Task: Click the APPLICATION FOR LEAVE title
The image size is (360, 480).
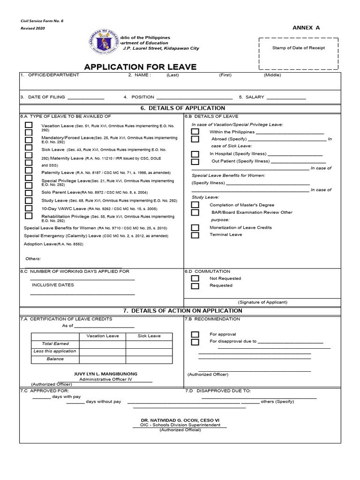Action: click(x=140, y=67)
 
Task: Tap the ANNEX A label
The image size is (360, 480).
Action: click(x=306, y=28)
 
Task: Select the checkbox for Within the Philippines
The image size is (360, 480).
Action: click(x=195, y=132)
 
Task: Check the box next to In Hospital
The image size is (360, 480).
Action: click(x=195, y=154)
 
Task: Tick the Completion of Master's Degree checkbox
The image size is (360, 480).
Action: click(x=195, y=205)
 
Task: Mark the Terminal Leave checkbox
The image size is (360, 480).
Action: click(x=195, y=235)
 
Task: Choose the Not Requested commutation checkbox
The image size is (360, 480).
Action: click(x=195, y=278)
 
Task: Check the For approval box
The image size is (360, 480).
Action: click(x=195, y=334)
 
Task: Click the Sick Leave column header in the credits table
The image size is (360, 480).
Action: click(x=149, y=336)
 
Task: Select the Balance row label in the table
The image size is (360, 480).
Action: click(x=55, y=359)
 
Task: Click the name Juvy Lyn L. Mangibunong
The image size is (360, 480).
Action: click(x=106, y=374)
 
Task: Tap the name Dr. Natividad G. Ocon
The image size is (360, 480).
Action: click(x=180, y=420)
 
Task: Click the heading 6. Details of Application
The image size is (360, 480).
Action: click(x=183, y=108)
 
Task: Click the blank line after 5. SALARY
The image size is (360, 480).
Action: click(x=286, y=98)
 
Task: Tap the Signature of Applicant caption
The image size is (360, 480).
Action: click(x=262, y=302)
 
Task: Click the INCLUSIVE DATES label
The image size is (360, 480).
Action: click(x=53, y=285)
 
